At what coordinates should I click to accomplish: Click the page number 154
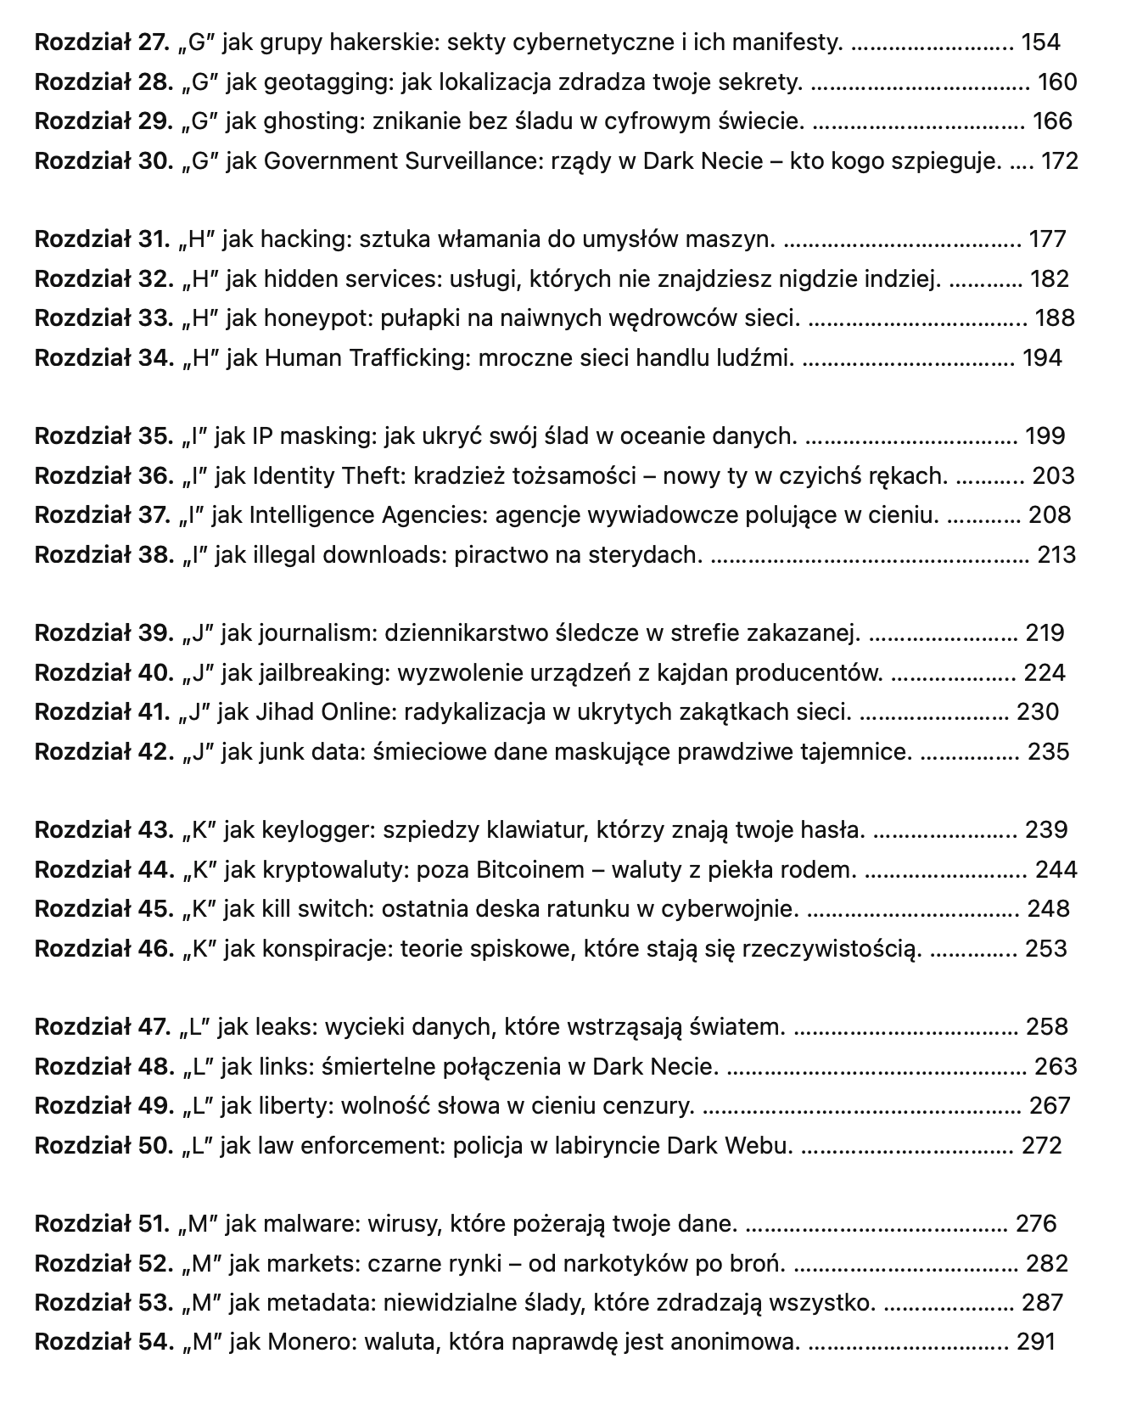coord(1041,42)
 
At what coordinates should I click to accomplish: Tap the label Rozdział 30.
coord(104,160)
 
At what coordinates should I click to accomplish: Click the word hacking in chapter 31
coord(306,239)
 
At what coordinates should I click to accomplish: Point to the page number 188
coord(1055,318)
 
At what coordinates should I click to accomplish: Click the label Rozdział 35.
coord(104,436)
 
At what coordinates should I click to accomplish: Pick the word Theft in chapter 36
coord(371,476)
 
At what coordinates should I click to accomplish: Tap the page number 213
coord(1056,555)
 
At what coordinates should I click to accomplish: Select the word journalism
coord(317,633)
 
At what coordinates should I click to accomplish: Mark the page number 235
coord(1049,752)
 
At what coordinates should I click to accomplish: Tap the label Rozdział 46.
coord(104,949)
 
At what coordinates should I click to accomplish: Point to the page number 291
coord(1036,1342)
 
